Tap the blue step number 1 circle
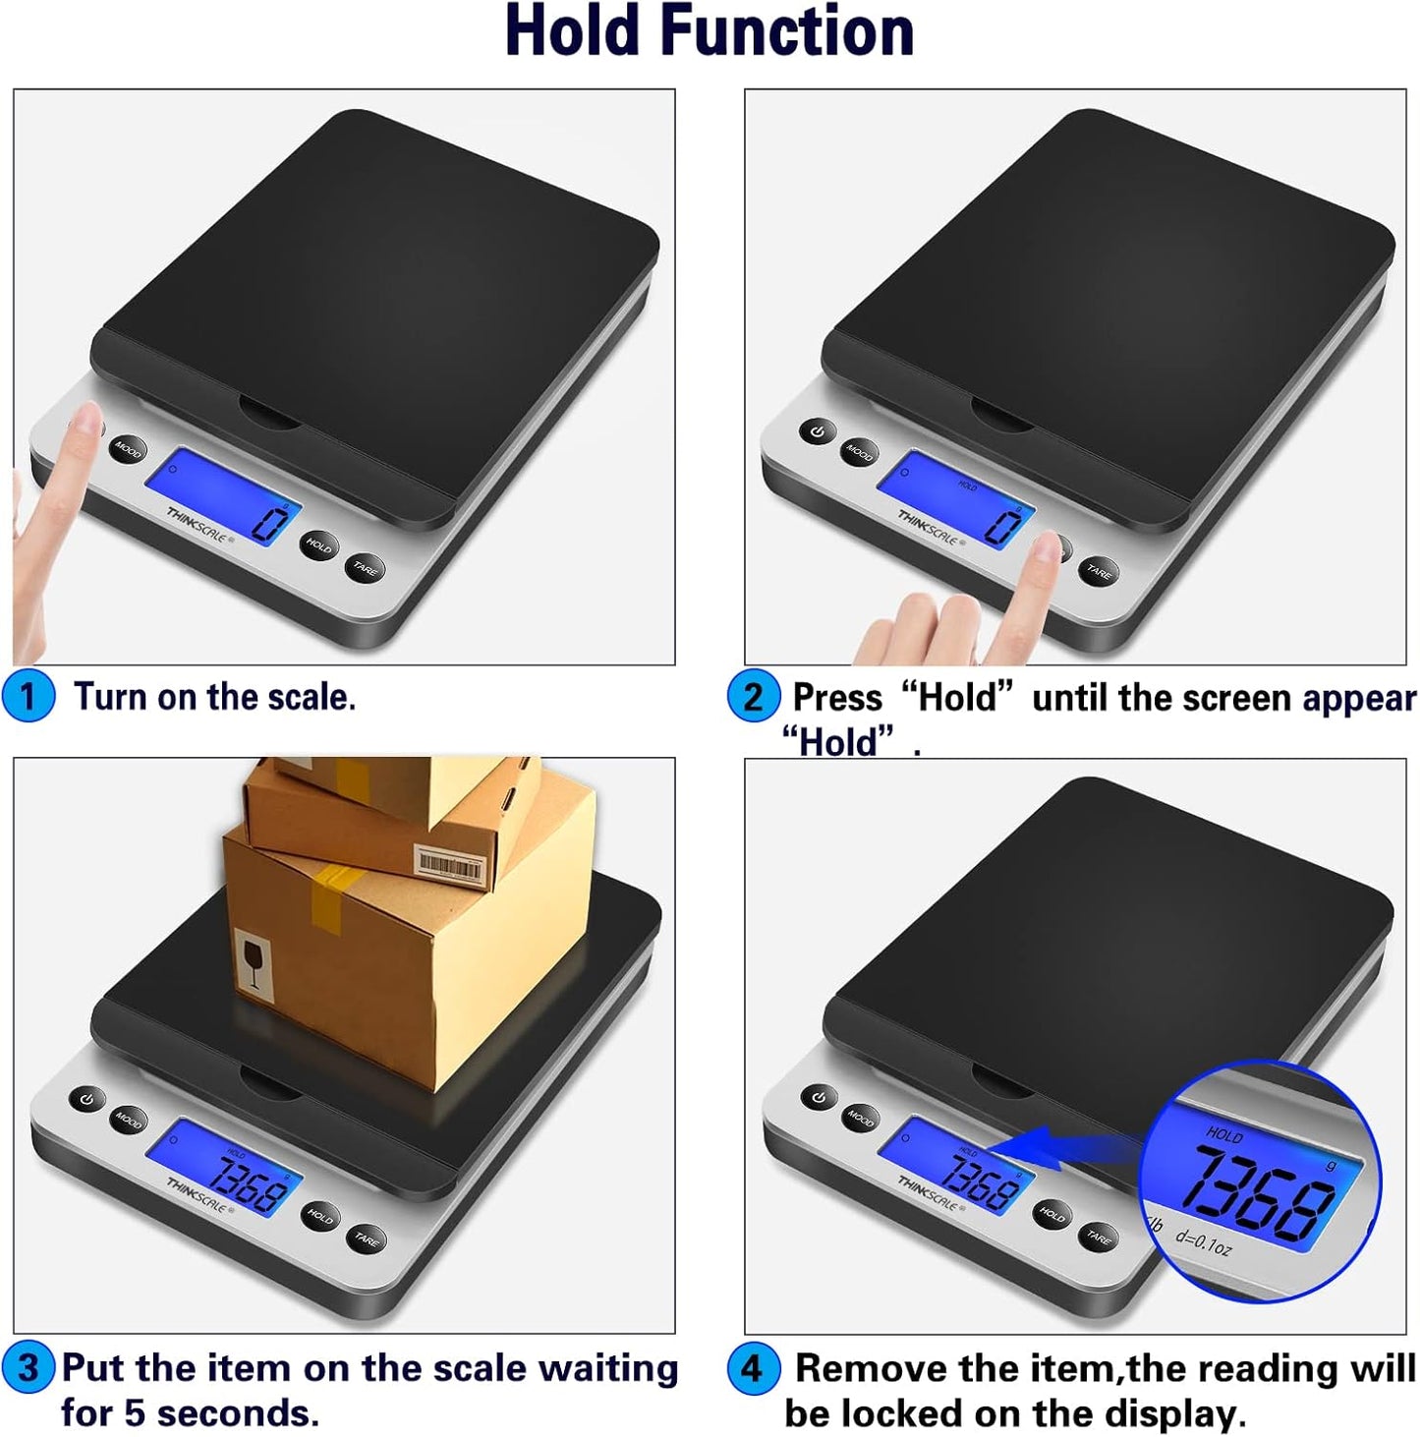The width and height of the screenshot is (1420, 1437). pos(28,696)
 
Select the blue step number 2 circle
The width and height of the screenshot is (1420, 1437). pos(753,697)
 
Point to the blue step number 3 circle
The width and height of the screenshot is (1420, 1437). pos(28,1367)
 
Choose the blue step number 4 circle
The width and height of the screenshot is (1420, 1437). pos(753,1368)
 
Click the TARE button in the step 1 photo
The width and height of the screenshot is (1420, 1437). pos(365,567)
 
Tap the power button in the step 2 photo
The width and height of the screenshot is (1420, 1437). pos(817,431)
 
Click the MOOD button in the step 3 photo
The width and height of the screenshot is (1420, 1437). pos(127,1119)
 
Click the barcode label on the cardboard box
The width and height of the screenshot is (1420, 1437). pos(450,863)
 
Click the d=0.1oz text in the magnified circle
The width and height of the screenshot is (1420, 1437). pos(1203,1244)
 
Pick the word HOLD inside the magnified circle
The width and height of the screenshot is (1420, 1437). pos(1224,1134)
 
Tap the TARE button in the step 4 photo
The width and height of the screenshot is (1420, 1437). pos(1098,1236)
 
